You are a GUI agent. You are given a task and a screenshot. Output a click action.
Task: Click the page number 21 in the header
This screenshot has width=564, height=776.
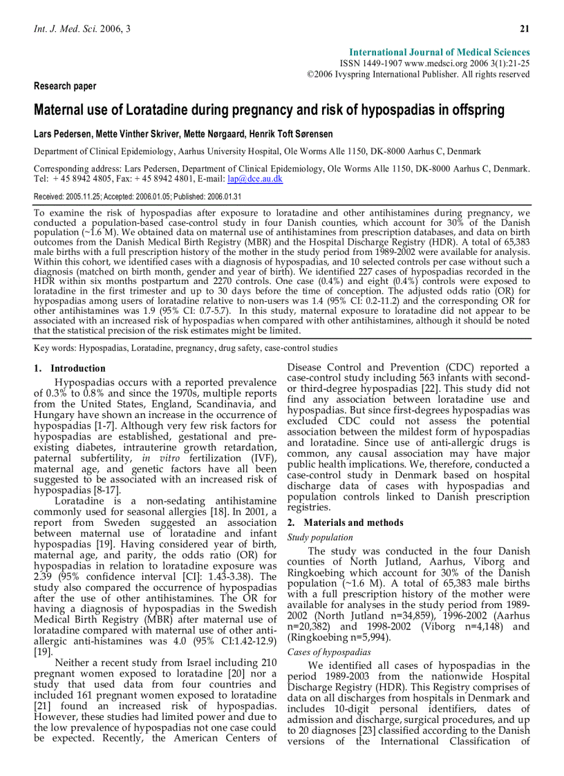524,28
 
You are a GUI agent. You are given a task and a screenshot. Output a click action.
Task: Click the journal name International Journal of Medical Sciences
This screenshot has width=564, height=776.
440,53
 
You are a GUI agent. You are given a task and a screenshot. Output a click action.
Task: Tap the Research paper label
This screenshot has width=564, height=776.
65,86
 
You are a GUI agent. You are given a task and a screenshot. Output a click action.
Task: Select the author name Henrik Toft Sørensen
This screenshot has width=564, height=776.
293,133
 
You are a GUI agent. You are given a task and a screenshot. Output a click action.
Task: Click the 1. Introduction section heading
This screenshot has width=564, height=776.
70,368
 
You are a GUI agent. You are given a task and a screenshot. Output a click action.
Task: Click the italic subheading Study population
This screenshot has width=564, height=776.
320,537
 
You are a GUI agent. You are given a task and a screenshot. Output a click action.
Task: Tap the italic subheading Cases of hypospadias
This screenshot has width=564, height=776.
329,652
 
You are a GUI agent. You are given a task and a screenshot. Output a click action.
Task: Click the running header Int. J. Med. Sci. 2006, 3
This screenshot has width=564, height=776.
82,28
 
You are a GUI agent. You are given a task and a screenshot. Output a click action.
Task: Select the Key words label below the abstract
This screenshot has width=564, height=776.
55,348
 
